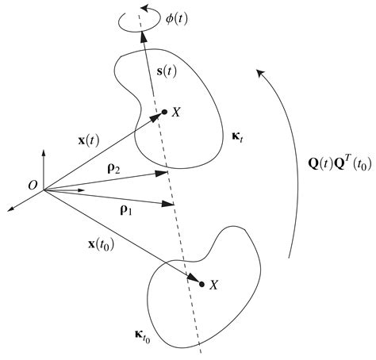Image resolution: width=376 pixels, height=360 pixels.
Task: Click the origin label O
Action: click(32, 184)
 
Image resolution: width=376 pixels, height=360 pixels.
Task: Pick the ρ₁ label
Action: click(126, 210)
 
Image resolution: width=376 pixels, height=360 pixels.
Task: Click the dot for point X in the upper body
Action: click(163, 112)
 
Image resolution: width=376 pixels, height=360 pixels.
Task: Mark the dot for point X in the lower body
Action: click(201, 283)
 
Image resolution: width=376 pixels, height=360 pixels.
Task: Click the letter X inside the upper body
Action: click(175, 113)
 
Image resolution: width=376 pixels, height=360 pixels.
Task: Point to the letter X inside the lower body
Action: click(214, 284)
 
